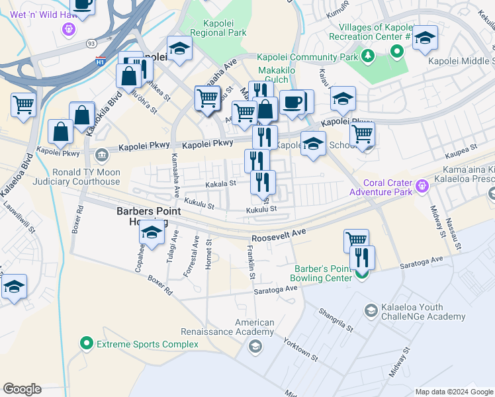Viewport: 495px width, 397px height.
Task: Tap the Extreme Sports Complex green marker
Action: [86, 344]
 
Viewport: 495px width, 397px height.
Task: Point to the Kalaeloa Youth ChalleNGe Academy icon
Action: [371, 310]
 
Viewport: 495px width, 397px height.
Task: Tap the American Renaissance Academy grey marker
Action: [255, 346]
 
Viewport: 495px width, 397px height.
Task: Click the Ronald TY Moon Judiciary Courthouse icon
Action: [101, 155]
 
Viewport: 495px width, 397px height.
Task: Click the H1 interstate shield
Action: [101, 61]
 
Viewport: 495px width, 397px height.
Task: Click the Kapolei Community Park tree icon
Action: [367, 58]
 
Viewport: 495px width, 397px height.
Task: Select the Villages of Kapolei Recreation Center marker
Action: [397, 51]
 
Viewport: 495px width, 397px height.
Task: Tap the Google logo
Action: [22, 389]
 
